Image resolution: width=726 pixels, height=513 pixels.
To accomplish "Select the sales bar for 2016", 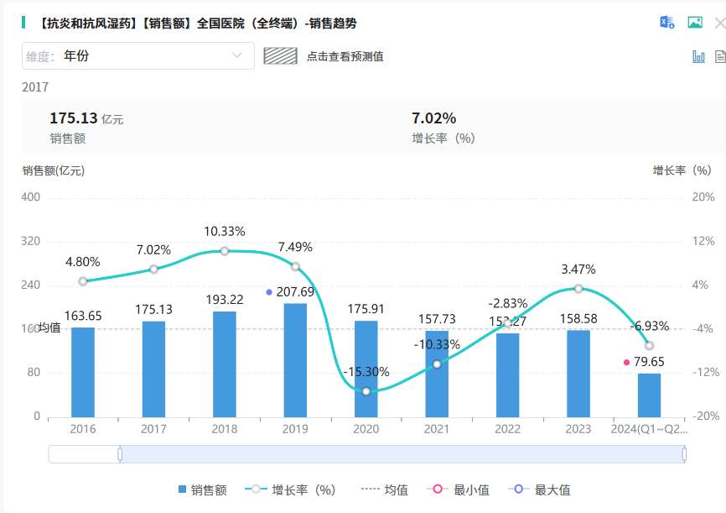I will point(83,371).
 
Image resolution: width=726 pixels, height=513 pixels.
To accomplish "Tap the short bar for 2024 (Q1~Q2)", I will point(649,395).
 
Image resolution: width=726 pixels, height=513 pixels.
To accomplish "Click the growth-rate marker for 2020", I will point(366,391).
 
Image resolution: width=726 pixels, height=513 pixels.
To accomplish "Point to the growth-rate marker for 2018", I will point(225,251).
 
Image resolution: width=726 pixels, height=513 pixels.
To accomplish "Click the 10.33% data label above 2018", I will point(225,231).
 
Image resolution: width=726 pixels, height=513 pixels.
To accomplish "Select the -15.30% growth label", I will point(366,372).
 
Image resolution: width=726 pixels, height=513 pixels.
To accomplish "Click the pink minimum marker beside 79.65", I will point(626,363).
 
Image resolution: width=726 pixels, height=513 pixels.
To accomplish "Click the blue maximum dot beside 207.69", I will point(269,292).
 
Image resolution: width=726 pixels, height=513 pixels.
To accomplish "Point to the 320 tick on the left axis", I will point(30,241).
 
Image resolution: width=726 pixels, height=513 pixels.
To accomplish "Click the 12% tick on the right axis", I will point(703,241).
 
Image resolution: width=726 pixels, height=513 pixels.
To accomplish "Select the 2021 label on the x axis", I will point(437,429).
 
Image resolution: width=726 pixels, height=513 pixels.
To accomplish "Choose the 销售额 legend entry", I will point(202,490).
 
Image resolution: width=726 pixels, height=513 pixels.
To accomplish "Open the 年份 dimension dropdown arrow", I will point(236,56).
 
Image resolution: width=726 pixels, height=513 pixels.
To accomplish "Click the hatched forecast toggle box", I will point(281,56).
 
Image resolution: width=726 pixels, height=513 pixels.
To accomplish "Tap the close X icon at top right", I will point(718,23).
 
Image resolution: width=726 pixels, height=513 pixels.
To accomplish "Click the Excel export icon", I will point(667,23).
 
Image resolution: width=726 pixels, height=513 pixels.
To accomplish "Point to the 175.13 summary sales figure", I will point(74,118).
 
